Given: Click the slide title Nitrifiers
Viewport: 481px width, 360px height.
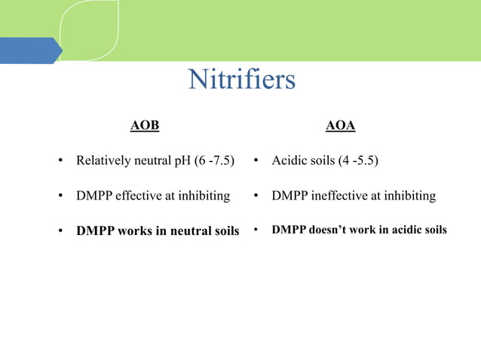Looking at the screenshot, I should point(241,80).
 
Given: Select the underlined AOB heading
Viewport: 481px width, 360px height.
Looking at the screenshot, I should point(145,126).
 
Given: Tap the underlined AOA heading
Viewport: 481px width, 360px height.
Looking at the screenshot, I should point(340,126).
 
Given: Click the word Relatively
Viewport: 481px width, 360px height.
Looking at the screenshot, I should point(102,161).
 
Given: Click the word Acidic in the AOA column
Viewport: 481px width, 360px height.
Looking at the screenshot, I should point(288,161).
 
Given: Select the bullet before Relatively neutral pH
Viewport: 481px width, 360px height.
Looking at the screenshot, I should point(60,161).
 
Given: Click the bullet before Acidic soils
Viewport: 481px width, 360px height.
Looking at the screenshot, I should point(256,161).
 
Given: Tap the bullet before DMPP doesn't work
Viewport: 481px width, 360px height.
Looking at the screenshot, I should point(256,230).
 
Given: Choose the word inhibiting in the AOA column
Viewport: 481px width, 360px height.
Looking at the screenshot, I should point(409,196).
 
